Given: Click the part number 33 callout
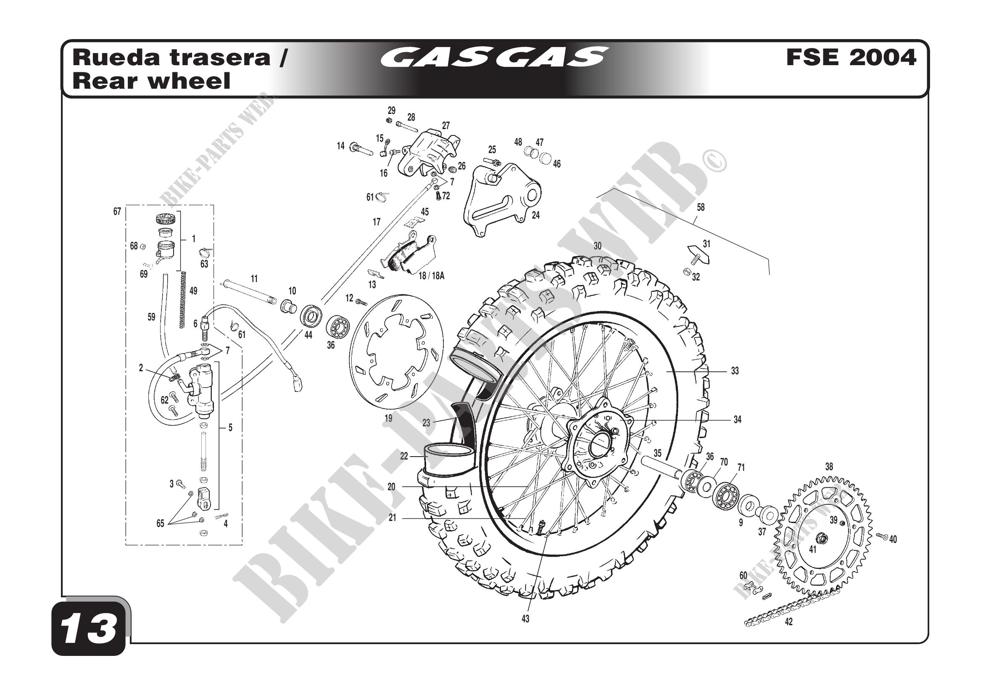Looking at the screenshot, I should coord(735,371).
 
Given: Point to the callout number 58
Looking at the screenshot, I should coord(701,208).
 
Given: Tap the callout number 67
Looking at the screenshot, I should coord(117,211).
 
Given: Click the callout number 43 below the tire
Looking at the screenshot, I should coord(525,619).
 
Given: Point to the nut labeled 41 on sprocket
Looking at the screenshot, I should coord(822,538).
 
